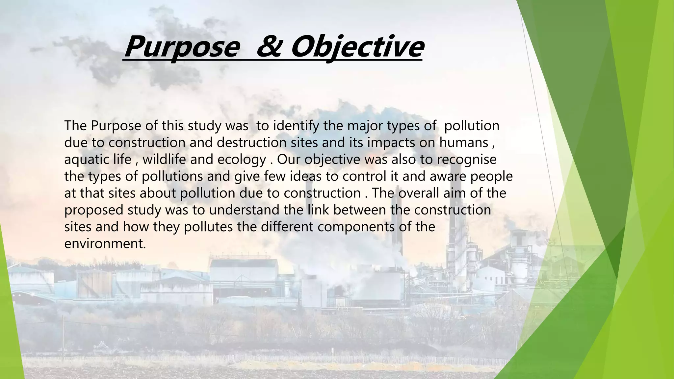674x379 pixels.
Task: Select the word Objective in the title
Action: pos(357,47)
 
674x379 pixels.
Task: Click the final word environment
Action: pos(105,244)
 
